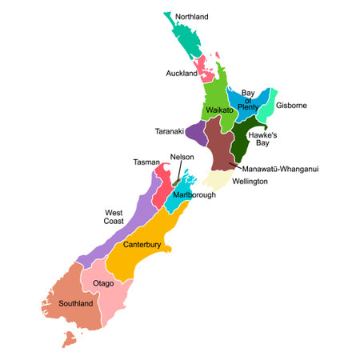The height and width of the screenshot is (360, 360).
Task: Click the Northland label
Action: point(192,16)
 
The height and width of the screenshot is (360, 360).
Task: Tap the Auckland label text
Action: point(182,74)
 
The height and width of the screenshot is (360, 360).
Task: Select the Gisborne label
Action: point(292,106)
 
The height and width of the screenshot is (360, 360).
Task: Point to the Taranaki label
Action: point(170,130)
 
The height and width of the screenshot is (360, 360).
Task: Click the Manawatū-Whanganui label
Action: point(280,169)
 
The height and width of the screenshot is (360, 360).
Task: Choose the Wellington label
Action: point(250,182)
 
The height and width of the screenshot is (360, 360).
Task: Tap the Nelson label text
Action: point(182,157)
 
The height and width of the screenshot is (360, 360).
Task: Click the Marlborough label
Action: point(194,194)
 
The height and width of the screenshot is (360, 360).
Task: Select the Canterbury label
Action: point(142,245)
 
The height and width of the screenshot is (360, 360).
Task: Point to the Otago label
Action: point(104,283)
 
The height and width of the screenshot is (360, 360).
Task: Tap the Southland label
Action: point(76,304)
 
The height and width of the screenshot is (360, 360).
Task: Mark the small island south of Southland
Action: point(70,340)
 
